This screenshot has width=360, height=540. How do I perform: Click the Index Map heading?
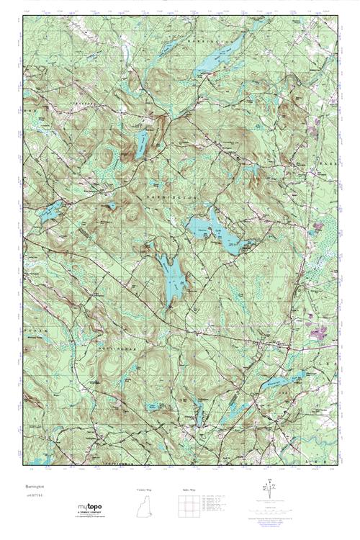(x=189, y=490)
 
